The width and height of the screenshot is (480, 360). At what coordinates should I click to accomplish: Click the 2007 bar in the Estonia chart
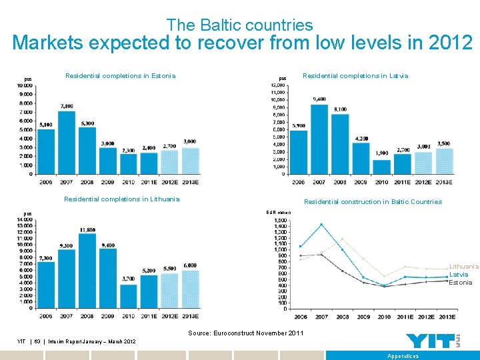pyautogui.click(x=67, y=142)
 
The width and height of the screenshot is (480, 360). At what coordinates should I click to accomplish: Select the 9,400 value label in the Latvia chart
pyautogui.click(x=319, y=99)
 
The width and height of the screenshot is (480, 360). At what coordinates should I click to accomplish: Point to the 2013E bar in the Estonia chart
pyautogui.click(x=191, y=160)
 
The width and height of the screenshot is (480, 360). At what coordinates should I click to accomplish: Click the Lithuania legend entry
pyautogui.click(x=463, y=266)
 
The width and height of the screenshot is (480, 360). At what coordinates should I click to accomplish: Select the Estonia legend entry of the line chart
pyautogui.click(x=461, y=282)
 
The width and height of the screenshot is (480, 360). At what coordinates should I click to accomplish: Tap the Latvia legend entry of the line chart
pyautogui.click(x=459, y=274)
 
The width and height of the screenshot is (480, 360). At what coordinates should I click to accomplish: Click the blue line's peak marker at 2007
pyautogui.click(x=321, y=225)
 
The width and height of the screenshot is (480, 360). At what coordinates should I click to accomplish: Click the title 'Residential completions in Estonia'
pyautogui.click(x=120, y=75)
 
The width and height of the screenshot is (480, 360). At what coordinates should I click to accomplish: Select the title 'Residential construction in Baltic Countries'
pyautogui.click(x=373, y=201)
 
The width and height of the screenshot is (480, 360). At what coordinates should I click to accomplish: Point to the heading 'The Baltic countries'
pyautogui.click(x=239, y=25)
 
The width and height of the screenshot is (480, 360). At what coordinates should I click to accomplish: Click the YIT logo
pyautogui.click(x=433, y=340)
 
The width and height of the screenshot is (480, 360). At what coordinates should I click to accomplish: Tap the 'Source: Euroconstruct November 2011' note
pyautogui.click(x=245, y=333)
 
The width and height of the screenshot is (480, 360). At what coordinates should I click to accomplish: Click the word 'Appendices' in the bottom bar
pyautogui.click(x=403, y=356)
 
